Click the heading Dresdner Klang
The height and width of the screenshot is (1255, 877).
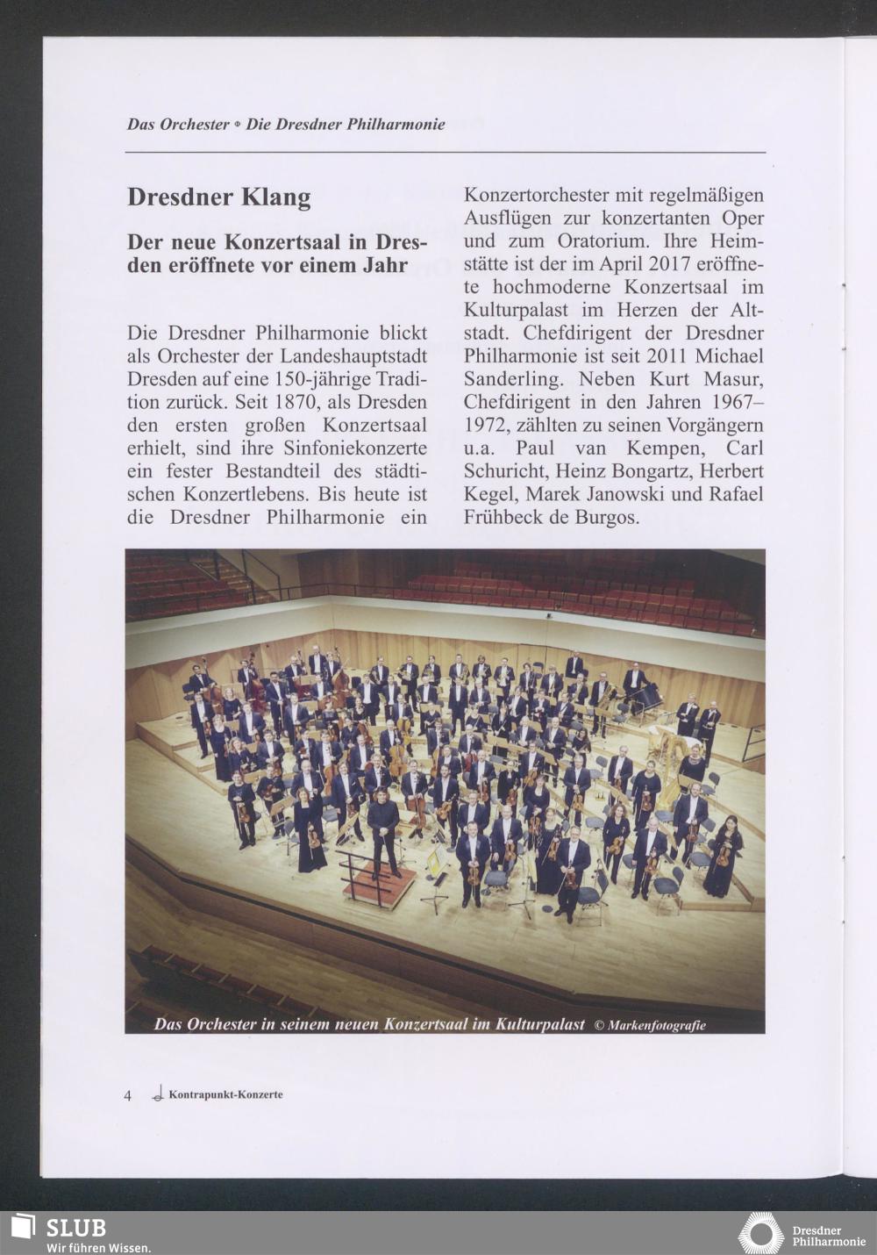click(218, 197)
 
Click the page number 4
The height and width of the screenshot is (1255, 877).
click(128, 1095)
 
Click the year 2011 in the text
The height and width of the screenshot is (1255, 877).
click(671, 356)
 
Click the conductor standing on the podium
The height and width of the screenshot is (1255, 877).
click(383, 833)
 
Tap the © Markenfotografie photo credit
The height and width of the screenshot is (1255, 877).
click(650, 1025)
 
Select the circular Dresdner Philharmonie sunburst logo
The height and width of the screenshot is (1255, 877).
click(760, 1233)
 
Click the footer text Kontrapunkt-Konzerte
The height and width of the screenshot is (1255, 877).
click(225, 1094)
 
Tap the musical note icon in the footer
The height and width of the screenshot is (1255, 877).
click(158, 1094)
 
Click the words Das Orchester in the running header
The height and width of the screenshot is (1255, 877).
click(178, 125)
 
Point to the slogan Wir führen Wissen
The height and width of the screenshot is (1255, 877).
click(98, 1247)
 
